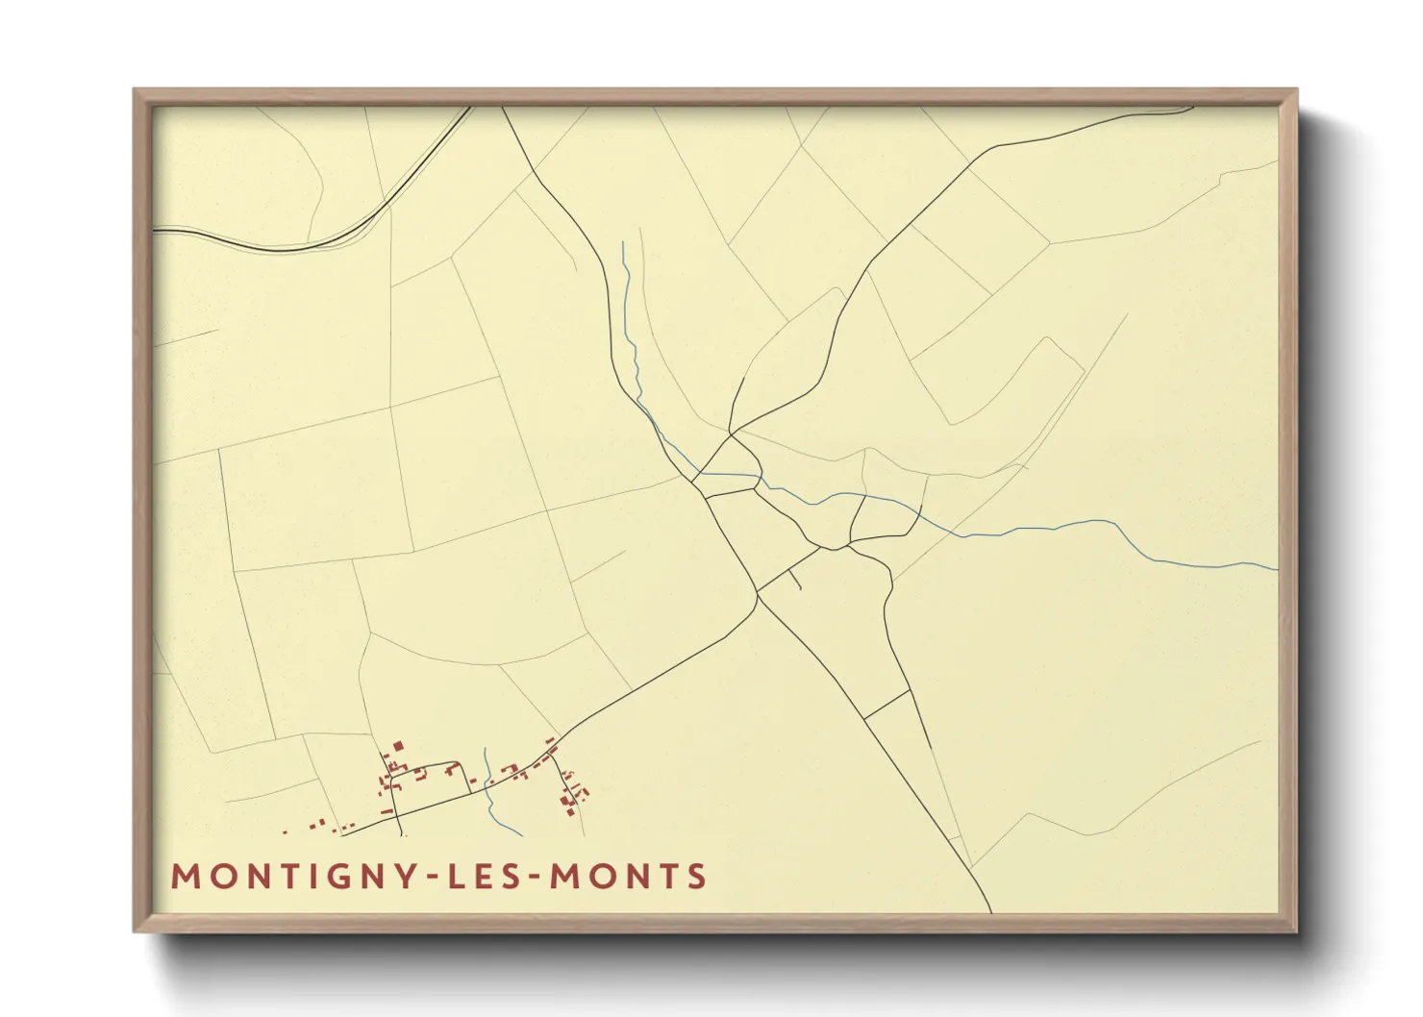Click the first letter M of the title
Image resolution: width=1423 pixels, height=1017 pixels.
tap(184, 877)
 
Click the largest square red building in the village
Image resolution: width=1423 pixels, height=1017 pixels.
tap(397, 745)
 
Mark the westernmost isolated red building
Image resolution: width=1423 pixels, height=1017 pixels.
tap(285, 832)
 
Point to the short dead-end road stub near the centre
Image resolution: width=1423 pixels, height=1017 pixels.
tap(794, 580)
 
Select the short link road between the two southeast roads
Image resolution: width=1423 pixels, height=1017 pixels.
tap(886, 704)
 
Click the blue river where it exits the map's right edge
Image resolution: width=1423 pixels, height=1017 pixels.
tap(1275, 569)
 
